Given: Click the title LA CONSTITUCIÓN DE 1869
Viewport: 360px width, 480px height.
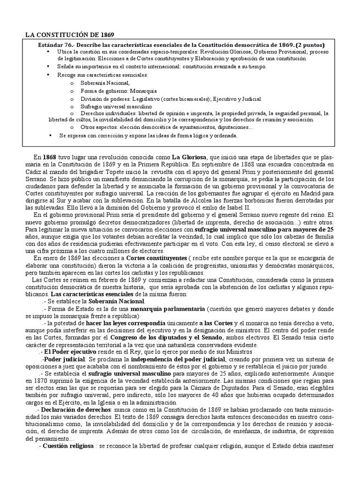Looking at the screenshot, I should click(69, 35).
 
